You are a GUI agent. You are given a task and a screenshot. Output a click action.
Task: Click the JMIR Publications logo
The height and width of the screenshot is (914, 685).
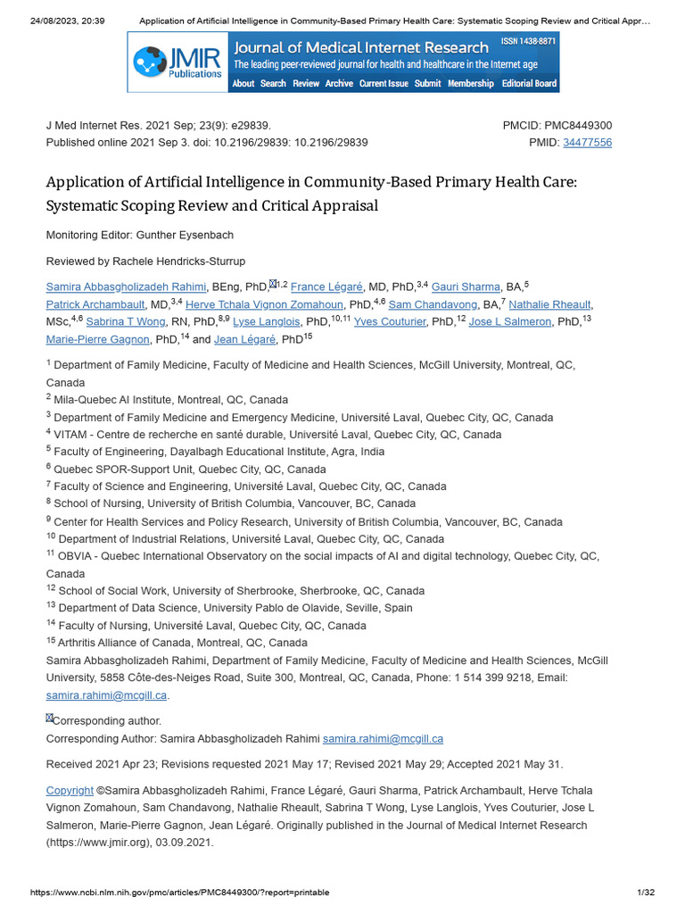tap(177, 62)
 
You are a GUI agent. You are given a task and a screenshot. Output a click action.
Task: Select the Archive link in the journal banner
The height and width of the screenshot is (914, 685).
tap(339, 84)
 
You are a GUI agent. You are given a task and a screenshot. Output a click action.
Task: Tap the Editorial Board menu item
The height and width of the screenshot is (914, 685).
tap(530, 84)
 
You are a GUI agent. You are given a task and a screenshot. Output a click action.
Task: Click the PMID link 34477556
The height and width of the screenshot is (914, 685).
tap(588, 142)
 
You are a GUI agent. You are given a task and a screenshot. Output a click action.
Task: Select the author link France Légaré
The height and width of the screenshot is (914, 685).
tap(327, 287)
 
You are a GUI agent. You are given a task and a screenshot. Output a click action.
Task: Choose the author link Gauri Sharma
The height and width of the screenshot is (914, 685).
tap(466, 287)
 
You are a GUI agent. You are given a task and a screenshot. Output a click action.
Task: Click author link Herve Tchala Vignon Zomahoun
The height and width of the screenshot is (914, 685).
tap(264, 304)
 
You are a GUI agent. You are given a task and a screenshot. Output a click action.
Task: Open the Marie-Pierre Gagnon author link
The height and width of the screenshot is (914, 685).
tap(97, 339)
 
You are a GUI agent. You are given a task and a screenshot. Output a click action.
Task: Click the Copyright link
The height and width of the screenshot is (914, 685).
tap(70, 790)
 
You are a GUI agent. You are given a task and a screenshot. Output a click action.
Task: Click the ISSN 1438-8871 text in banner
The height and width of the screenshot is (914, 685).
tap(528, 42)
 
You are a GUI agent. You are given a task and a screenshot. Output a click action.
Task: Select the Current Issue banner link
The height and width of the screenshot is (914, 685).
tap(384, 84)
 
